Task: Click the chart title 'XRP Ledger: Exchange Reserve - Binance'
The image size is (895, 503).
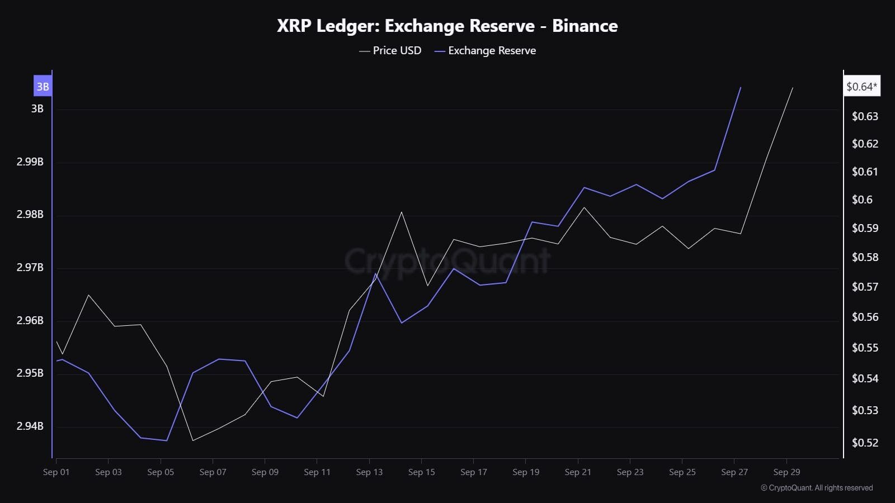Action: coord(447,26)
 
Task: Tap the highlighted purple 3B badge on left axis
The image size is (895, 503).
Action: coord(43,87)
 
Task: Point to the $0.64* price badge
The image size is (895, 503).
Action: coord(861,87)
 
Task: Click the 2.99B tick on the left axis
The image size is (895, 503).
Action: coord(30,162)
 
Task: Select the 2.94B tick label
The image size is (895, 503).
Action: coord(30,426)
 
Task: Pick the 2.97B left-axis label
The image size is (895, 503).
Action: coord(30,268)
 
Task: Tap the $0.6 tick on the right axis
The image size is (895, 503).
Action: coord(862,200)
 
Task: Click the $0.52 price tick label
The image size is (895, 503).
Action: coord(865,443)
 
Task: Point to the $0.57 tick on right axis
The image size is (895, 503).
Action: coord(865,287)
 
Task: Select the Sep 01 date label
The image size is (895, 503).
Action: coord(56,472)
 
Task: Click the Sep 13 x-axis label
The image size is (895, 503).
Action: coord(369,472)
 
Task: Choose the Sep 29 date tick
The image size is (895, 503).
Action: coord(786,472)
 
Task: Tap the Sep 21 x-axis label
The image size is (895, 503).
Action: coord(578,472)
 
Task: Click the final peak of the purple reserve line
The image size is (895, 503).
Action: coord(741,88)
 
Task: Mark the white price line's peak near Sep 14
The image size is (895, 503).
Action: coord(402,212)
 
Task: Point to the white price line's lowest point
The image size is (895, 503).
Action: coord(193,440)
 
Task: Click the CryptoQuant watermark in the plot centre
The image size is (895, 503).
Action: coord(447,260)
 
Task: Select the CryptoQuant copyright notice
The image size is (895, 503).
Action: coord(817,488)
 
